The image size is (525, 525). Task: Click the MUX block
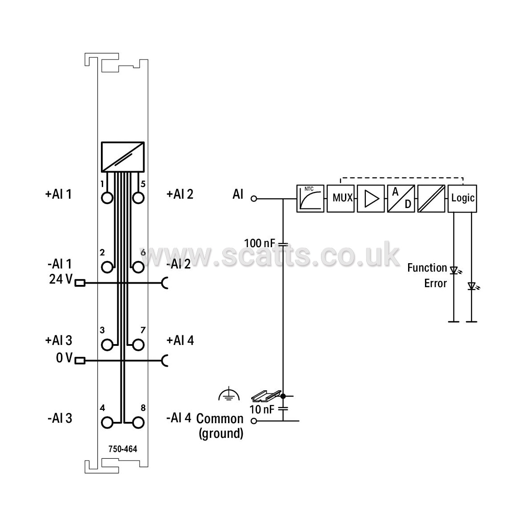click(x=341, y=199)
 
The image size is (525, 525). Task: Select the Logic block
click(x=462, y=199)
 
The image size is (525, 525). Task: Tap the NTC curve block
click(x=310, y=199)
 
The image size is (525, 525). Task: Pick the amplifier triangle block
click(x=371, y=199)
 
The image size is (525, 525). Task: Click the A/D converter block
click(x=401, y=199)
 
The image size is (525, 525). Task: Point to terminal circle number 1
click(x=107, y=198)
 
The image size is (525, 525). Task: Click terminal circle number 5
click(x=138, y=198)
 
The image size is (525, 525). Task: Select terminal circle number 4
click(x=107, y=423)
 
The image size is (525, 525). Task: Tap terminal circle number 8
click(x=138, y=423)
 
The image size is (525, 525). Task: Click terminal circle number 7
click(x=138, y=345)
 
